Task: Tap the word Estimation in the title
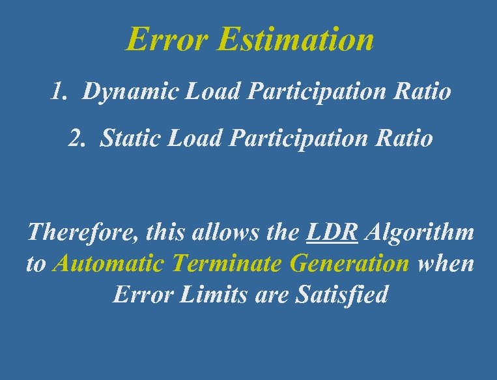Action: click(296, 39)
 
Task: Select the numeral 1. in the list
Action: click(59, 92)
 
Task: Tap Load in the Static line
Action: click(193, 138)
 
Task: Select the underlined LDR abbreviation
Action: click(332, 232)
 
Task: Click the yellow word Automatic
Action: click(109, 264)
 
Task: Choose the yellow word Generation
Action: click(349, 264)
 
